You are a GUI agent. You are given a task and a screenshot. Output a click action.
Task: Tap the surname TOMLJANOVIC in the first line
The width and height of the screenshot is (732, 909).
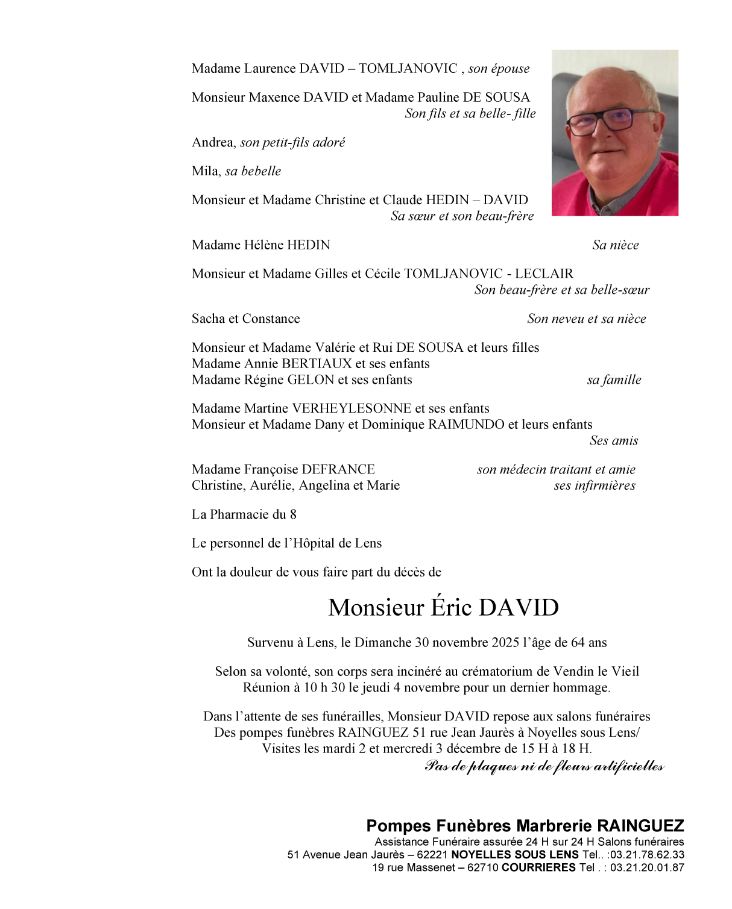point(408,69)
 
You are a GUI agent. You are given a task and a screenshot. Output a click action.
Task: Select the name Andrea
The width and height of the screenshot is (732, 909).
point(213,143)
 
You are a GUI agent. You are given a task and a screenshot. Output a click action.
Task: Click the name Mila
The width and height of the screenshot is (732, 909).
point(205,172)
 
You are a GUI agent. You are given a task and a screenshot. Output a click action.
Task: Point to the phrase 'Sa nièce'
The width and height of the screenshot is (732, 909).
point(615,245)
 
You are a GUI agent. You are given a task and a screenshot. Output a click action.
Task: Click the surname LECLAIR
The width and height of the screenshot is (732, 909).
point(544,274)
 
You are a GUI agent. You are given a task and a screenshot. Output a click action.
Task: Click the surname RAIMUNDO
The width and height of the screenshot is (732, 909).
point(466,425)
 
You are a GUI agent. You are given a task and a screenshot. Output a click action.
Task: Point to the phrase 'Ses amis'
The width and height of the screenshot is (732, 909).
point(613,441)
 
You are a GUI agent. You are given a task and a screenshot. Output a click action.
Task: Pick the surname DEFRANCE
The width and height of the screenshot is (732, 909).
point(338,470)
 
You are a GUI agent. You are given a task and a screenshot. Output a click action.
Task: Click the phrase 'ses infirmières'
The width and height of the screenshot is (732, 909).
point(594,486)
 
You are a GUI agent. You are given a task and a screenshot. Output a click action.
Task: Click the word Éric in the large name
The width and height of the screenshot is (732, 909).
point(451,607)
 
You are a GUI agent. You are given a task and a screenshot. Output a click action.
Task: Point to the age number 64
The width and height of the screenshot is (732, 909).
point(578,643)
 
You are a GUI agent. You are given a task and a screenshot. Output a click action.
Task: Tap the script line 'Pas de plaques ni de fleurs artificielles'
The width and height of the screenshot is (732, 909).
point(544,766)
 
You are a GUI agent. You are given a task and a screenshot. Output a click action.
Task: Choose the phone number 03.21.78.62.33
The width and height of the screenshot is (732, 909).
point(646,855)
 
